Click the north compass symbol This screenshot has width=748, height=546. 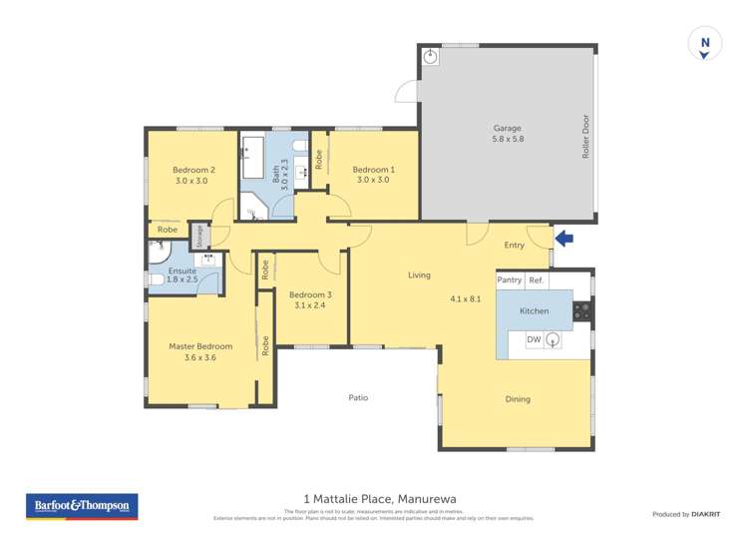(x=705, y=44)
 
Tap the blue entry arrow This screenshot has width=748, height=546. (x=565, y=239)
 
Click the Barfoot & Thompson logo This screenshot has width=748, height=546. (x=81, y=506)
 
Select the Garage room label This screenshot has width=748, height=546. (x=508, y=128)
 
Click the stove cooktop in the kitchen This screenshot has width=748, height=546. (x=581, y=310)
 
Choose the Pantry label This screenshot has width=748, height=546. (x=510, y=280)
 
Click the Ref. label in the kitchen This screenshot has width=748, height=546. (x=537, y=280)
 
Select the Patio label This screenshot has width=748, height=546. (x=358, y=397)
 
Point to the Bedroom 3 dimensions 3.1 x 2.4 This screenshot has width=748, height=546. (x=309, y=305)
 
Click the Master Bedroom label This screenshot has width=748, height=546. (x=200, y=346)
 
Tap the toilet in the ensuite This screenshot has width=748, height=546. (x=156, y=280)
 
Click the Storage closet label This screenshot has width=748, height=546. (x=200, y=236)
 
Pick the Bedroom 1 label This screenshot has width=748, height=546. (x=373, y=170)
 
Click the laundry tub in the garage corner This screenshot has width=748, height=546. (x=430, y=56)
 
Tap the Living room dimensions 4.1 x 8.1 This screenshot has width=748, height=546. (x=465, y=297)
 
